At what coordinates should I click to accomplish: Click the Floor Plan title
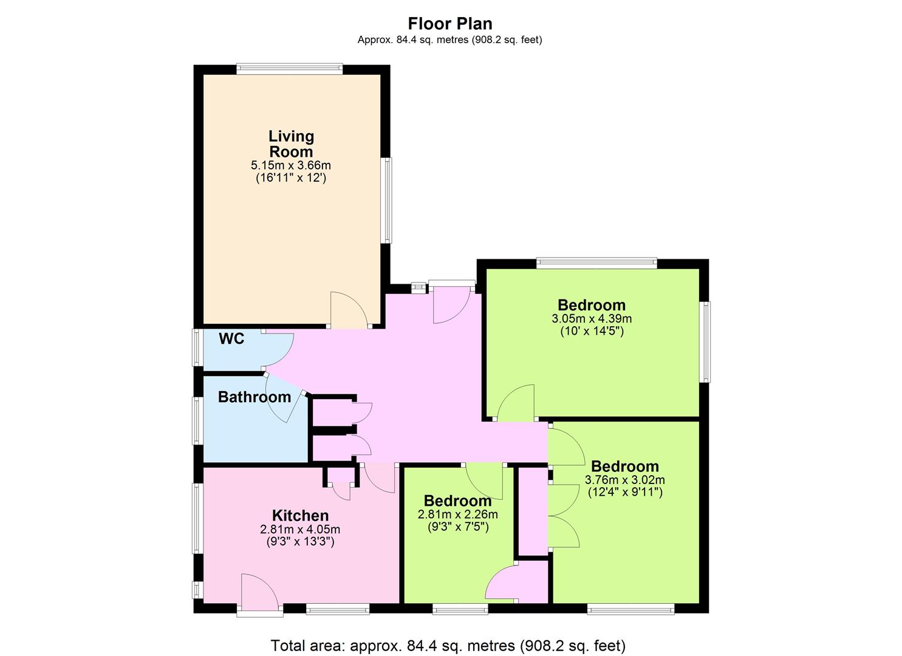[450, 24]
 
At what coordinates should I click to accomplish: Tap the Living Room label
[291, 144]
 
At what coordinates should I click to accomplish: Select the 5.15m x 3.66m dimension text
[291, 165]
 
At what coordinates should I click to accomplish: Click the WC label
[231, 339]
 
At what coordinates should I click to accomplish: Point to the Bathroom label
[255, 397]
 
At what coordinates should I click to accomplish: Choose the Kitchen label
[301, 516]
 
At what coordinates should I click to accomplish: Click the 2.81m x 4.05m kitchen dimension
[300, 529]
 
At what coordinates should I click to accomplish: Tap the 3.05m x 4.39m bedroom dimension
[592, 319]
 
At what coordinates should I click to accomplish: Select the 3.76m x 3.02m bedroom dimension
[625, 480]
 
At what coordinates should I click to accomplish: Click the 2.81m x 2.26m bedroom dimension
[458, 514]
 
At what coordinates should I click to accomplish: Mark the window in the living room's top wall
[290, 69]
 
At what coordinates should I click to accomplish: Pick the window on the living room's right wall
[386, 200]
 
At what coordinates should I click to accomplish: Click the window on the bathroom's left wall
[198, 421]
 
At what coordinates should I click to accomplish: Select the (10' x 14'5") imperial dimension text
[592, 332]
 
